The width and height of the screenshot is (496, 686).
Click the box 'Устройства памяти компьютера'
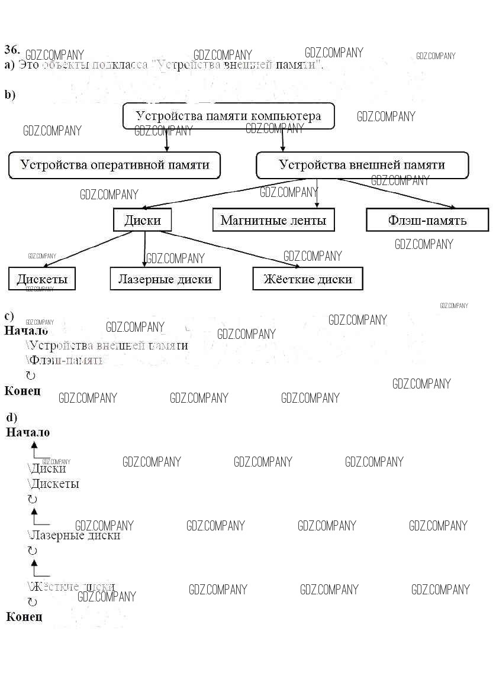(228, 116)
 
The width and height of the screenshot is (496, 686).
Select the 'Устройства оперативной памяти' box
(114, 165)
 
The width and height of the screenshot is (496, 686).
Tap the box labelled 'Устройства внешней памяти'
(362, 165)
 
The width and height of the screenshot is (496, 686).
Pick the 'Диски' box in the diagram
(142, 221)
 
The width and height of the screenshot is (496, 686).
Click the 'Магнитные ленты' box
(273, 221)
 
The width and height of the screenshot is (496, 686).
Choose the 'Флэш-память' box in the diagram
(427, 221)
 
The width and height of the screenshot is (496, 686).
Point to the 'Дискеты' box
(42, 279)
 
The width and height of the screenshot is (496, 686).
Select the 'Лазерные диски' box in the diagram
(165, 279)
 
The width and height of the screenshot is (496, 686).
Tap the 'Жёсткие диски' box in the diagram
(307, 279)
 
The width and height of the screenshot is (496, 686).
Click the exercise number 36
(12, 49)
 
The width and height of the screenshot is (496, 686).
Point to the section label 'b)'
(10, 95)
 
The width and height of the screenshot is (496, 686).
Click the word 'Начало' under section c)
(26, 331)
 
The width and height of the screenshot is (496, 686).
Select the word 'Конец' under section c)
(22, 391)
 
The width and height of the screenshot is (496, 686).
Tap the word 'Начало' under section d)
(28, 432)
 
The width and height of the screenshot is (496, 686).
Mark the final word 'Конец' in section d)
(24, 617)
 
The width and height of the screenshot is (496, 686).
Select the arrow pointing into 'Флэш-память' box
(397, 193)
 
